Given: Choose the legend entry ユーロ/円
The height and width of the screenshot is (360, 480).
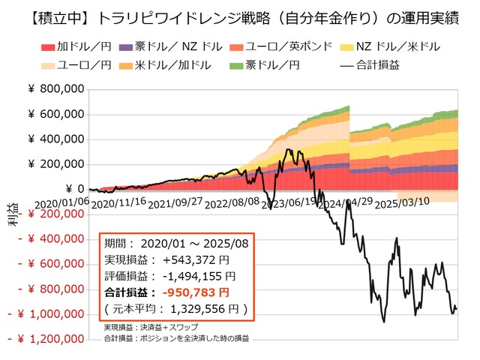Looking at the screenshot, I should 75,64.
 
